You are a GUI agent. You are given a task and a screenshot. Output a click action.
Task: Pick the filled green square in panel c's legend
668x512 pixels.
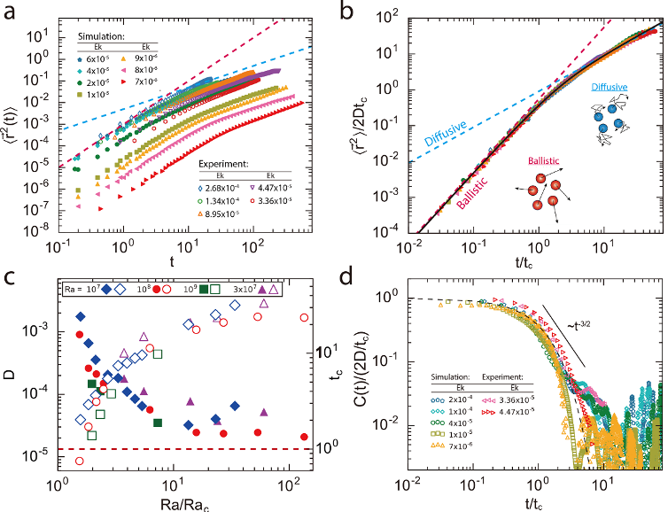coord(204,290)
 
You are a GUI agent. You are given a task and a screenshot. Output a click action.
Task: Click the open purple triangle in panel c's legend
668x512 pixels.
coord(274,290)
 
